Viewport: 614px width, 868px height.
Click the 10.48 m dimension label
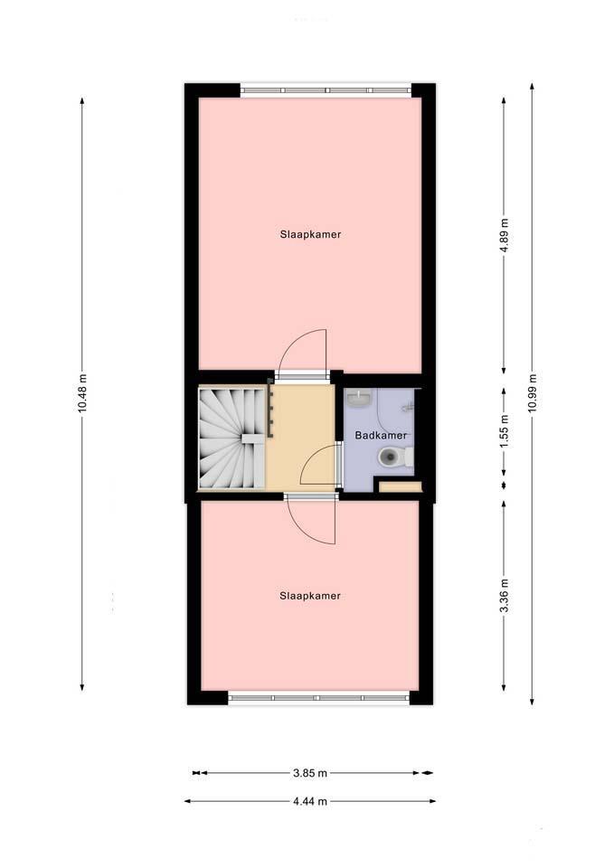82,393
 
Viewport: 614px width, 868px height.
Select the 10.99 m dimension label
532,393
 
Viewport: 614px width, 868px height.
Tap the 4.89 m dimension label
504,235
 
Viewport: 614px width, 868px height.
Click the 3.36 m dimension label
504,596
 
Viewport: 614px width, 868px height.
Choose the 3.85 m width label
310,773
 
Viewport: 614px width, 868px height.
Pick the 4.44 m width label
310,800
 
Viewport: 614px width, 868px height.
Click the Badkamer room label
381,435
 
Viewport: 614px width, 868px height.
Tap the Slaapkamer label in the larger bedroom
310,234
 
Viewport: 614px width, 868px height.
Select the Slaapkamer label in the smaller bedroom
310,596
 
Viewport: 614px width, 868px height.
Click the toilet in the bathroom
395,458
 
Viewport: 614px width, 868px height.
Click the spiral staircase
231,438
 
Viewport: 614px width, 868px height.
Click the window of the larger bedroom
326,90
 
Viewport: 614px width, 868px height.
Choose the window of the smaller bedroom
319,698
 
